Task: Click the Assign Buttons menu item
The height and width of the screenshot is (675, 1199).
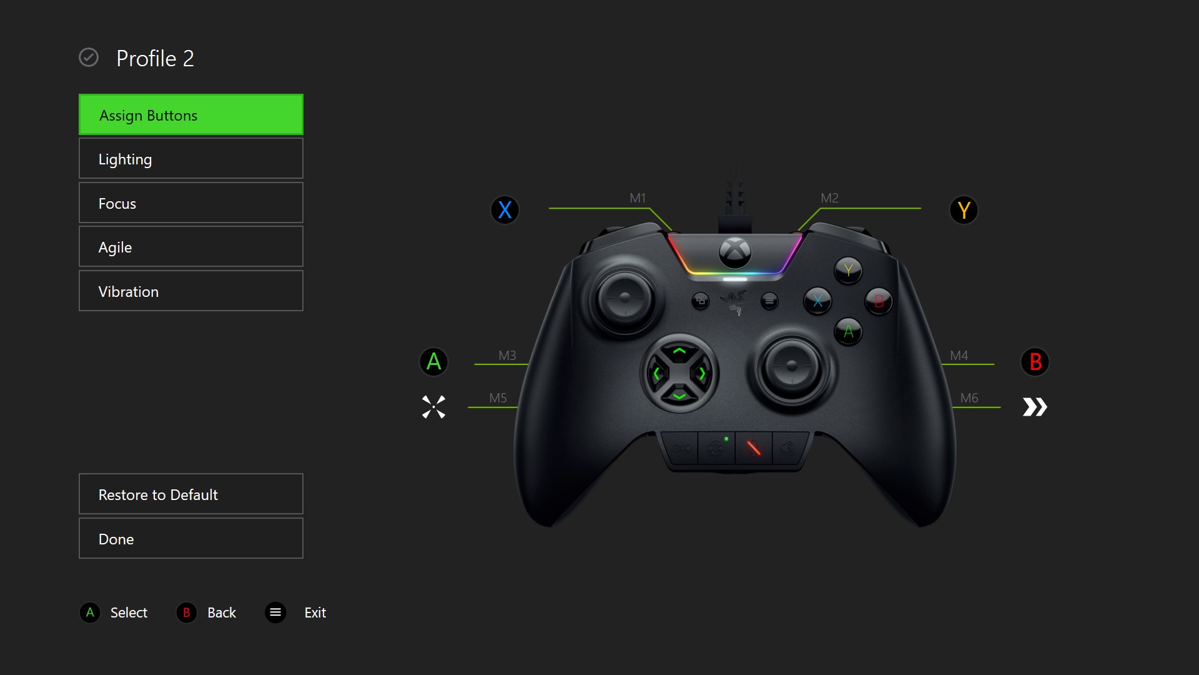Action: [x=191, y=115]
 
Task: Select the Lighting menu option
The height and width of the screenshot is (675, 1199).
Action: [x=191, y=159]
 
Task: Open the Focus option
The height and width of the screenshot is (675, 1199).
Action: [x=191, y=203]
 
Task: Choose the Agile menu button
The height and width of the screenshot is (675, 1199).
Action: [x=191, y=247]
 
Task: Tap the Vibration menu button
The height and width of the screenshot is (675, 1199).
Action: [x=191, y=291]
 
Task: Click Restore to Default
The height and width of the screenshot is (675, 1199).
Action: [x=191, y=494]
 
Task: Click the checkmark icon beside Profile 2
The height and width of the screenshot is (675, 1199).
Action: [x=89, y=57]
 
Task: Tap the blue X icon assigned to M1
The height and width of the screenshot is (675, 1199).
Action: [x=505, y=210]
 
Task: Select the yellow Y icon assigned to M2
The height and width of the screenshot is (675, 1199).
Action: [x=964, y=210]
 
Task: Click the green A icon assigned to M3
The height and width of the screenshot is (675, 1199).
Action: [x=434, y=362]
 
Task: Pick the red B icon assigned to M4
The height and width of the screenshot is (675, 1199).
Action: [x=1035, y=362]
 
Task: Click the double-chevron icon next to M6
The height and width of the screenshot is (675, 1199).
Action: [x=1035, y=407]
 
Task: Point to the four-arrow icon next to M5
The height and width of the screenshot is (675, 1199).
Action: [x=433, y=407]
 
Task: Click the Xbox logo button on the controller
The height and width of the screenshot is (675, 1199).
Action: [x=735, y=252]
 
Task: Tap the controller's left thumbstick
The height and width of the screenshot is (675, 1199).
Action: [x=624, y=299]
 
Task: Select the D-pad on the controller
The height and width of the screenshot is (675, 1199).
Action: [x=679, y=373]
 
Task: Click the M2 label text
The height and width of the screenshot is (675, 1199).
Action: [x=829, y=198]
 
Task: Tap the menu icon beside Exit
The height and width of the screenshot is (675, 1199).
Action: [x=275, y=612]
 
